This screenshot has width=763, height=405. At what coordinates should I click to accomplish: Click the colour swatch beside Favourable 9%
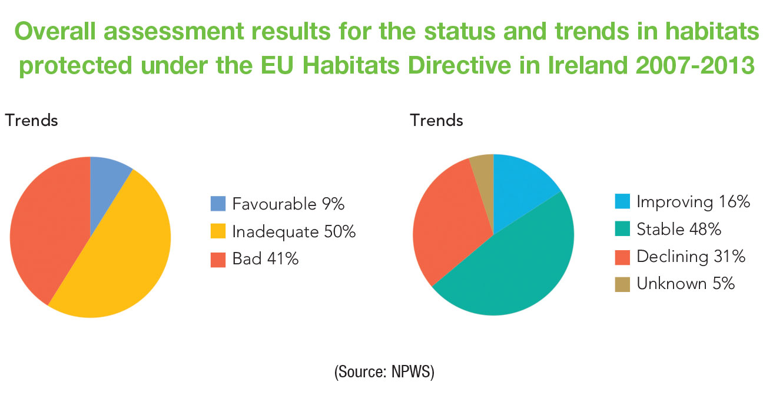coord(218,204)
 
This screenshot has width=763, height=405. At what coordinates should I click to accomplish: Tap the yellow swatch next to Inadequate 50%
coord(218,231)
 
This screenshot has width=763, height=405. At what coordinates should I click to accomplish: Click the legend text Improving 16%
coord(692,203)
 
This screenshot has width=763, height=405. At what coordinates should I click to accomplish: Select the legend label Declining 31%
coord(691,256)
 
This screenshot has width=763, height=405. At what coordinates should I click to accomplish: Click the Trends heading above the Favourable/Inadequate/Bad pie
coord(32,121)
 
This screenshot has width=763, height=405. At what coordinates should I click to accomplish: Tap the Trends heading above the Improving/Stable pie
coord(436,121)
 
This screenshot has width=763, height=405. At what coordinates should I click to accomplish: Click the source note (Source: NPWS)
coord(383,373)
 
